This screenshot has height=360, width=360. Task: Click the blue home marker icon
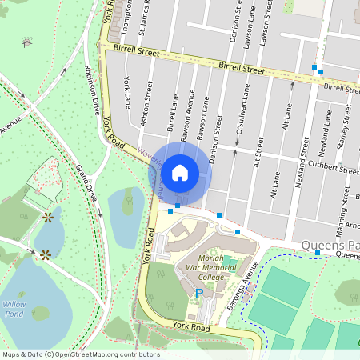pos(180,172)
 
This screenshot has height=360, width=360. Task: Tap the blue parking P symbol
pos(199,294)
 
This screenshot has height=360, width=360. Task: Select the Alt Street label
pos(258,144)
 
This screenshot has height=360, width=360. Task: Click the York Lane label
pos(128,92)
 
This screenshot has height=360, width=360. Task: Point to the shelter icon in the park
pos(27,42)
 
